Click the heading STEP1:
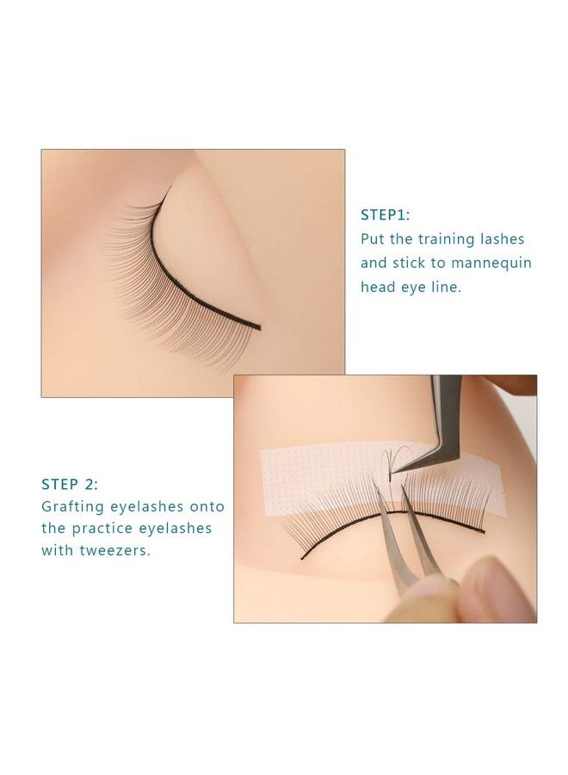(385, 215)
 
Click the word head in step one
(377, 288)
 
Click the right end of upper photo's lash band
(257, 326)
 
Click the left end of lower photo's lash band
(302, 557)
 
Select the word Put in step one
(374, 239)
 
